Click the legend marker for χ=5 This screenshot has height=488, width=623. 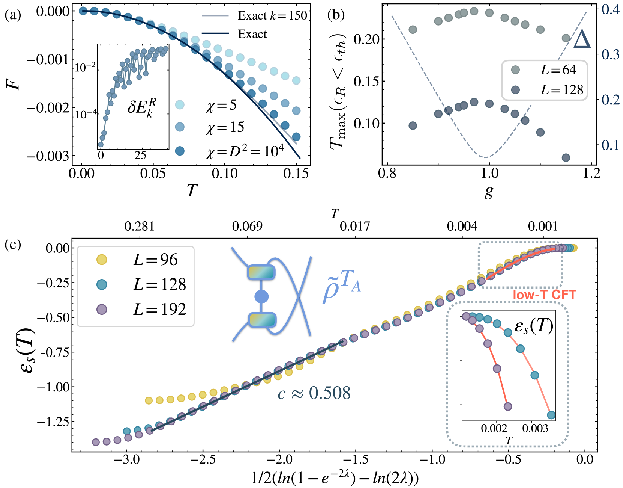180,105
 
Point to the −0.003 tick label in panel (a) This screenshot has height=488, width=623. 48,156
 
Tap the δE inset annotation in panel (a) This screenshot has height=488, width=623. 141,107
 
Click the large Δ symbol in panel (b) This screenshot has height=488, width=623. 582,40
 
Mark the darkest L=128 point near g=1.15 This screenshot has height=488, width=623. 566,158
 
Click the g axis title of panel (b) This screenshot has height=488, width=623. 489,192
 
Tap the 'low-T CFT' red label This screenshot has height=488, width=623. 544,295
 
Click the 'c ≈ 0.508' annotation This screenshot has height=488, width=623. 314,393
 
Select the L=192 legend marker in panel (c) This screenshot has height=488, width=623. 102,310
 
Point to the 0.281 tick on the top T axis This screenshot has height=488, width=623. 139,226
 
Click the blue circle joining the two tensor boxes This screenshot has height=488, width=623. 261,297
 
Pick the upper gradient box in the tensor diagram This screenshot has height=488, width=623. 261,272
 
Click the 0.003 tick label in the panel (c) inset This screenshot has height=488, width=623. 535,429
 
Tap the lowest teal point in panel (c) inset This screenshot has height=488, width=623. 551,415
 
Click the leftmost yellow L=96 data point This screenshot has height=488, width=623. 149,400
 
